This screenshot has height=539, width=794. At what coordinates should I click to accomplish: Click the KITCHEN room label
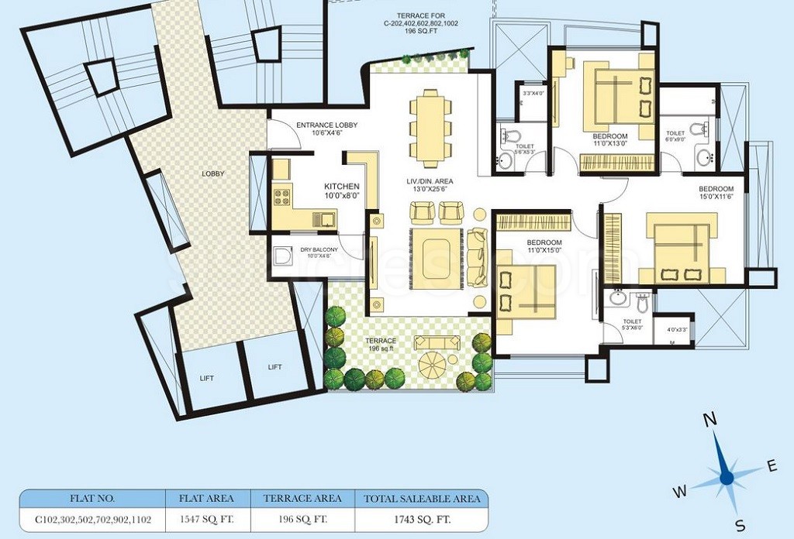(341, 187)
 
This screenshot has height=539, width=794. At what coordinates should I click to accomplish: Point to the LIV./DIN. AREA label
(429, 181)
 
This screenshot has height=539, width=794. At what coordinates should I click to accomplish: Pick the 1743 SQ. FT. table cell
(417, 519)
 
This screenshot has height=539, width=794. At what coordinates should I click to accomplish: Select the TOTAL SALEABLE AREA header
(417, 499)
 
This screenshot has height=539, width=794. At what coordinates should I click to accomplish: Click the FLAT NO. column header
(93, 499)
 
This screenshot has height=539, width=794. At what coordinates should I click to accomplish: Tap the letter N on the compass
(709, 420)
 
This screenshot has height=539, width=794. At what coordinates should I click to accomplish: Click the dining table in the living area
(429, 124)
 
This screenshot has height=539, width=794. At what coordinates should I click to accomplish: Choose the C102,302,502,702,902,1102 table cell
(93, 519)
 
